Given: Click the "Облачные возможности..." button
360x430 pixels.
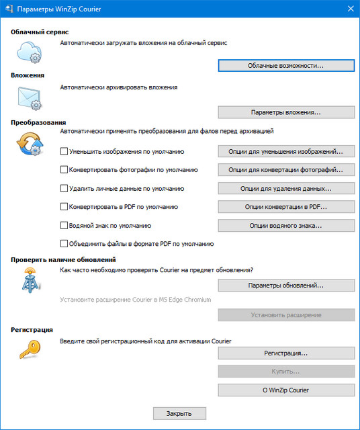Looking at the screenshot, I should coord(286,66).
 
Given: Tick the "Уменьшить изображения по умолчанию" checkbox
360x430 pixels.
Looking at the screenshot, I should coord(64,152).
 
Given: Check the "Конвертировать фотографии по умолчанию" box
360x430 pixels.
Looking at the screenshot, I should coord(64,170).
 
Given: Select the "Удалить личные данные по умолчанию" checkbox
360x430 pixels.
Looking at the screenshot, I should coord(64,189).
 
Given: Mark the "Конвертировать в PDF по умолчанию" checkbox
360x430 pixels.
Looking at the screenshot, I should coord(64,207).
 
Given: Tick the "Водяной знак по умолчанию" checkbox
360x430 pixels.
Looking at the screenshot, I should coord(64,225).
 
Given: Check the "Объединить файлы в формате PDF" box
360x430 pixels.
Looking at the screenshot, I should coord(64,243).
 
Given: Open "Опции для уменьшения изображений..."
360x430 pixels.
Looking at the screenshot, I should coord(286,152).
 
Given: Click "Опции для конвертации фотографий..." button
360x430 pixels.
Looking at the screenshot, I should coord(286,170).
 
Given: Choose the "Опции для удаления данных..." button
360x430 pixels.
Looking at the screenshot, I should coord(286,189).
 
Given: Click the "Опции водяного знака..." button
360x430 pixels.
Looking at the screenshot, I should coord(286,225).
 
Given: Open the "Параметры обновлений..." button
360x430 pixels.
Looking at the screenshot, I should coord(286,286).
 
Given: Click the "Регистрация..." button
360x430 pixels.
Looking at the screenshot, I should coord(286,353).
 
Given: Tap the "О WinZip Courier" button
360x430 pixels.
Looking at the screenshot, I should coord(286,390).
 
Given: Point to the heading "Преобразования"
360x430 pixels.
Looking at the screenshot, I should coord(38,122).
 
